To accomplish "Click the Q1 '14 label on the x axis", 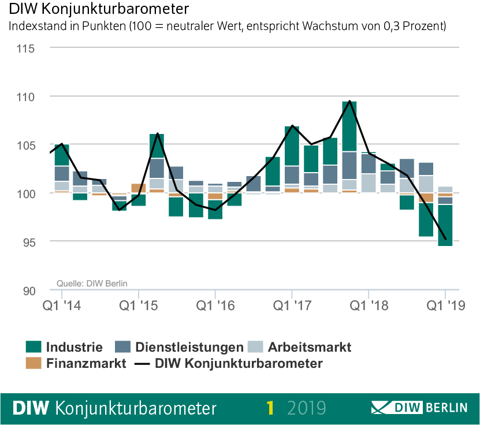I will point(61,304).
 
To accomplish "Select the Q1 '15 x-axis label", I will point(138,304).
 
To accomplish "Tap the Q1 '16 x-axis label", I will point(215,304).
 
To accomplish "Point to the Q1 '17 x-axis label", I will point(292,304).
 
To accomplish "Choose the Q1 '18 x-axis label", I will point(369,304).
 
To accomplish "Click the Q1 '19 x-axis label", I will point(445,304).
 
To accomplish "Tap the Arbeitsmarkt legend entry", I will point(308,347).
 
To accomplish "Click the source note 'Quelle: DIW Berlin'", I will point(92,283).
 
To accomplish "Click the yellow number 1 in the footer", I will point(270,408).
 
